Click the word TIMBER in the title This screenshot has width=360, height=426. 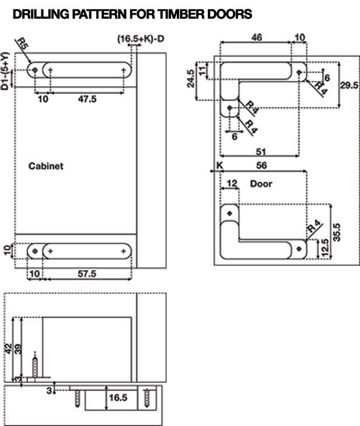pos(181,14)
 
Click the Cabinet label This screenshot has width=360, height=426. pos(46,166)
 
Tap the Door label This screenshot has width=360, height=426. pos(261,184)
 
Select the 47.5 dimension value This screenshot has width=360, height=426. pos(87,99)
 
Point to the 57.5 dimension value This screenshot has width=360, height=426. pos(87,274)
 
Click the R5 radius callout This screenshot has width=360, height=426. pos(22,44)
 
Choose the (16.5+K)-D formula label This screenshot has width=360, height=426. pos(141,39)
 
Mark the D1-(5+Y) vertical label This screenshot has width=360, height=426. pos(5,71)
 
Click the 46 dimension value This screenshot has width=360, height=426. pos(257,37)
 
